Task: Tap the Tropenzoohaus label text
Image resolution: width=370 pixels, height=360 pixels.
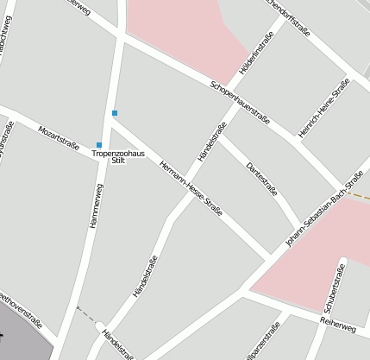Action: tap(119, 153)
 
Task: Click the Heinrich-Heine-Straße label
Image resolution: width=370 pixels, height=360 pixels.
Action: tap(317, 108)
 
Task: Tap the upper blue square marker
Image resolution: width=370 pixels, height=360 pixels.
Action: tap(114, 112)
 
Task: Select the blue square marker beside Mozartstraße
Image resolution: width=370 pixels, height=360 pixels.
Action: tap(99, 144)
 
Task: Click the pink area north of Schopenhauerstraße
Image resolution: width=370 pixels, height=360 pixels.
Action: tap(185, 30)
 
